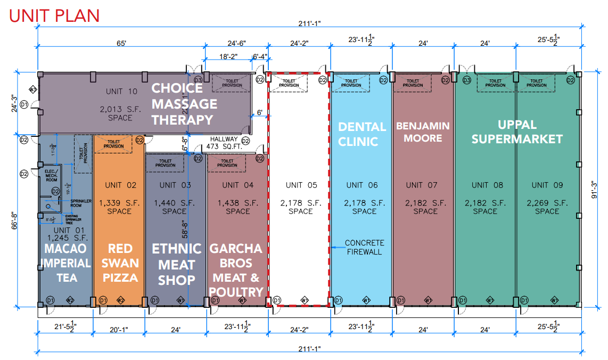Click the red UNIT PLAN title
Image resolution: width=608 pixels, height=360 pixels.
(54, 15)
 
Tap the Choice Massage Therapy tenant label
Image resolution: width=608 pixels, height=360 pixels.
(184, 104)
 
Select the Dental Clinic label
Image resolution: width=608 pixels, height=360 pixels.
(362, 134)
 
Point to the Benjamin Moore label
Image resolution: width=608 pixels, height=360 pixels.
(423, 132)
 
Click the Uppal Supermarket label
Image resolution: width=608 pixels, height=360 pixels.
(516, 132)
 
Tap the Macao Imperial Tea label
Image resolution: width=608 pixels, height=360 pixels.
(65, 263)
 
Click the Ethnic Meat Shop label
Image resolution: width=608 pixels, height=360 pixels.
(176, 264)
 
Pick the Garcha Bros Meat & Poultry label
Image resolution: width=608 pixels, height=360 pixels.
(236, 270)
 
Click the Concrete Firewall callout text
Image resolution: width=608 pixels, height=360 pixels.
(364, 247)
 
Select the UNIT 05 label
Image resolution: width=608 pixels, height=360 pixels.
(301, 185)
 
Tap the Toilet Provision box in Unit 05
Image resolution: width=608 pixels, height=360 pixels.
(289, 83)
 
